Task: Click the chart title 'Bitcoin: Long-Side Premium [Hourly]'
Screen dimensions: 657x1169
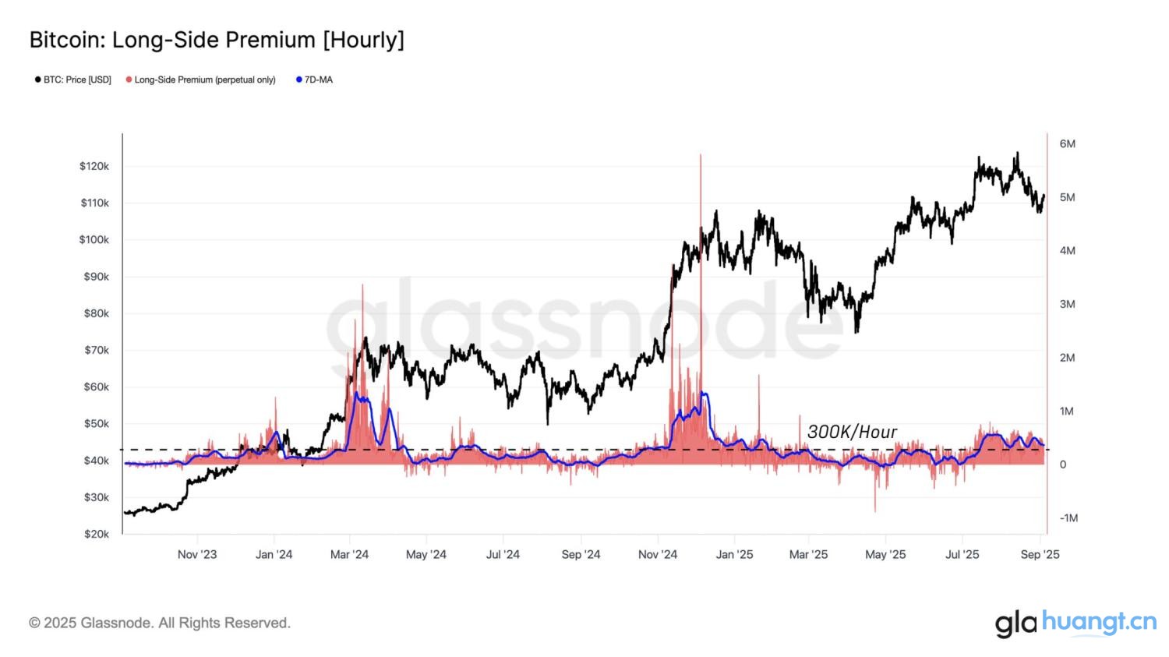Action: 217,40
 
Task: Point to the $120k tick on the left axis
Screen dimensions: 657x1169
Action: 94,166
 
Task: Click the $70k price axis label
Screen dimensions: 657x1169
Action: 97,350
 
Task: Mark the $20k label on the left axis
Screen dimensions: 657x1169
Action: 97,534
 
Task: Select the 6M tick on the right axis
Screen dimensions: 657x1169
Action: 1067,144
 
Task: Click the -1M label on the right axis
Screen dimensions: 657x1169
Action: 1068,518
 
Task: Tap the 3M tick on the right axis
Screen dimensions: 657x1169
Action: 1067,304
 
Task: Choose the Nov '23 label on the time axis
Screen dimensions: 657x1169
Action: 197,554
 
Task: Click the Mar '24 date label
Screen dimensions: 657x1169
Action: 349,554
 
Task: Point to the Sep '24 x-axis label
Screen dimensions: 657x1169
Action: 581,554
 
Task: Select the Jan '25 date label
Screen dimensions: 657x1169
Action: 734,554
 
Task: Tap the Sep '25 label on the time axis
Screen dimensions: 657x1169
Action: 1040,554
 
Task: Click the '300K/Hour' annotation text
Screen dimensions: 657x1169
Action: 852,432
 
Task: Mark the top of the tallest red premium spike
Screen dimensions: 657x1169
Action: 701,155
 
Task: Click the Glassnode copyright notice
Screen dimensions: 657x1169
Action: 160,623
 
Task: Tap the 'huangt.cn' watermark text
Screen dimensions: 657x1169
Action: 1099,622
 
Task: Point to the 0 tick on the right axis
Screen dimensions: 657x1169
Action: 1062,464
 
